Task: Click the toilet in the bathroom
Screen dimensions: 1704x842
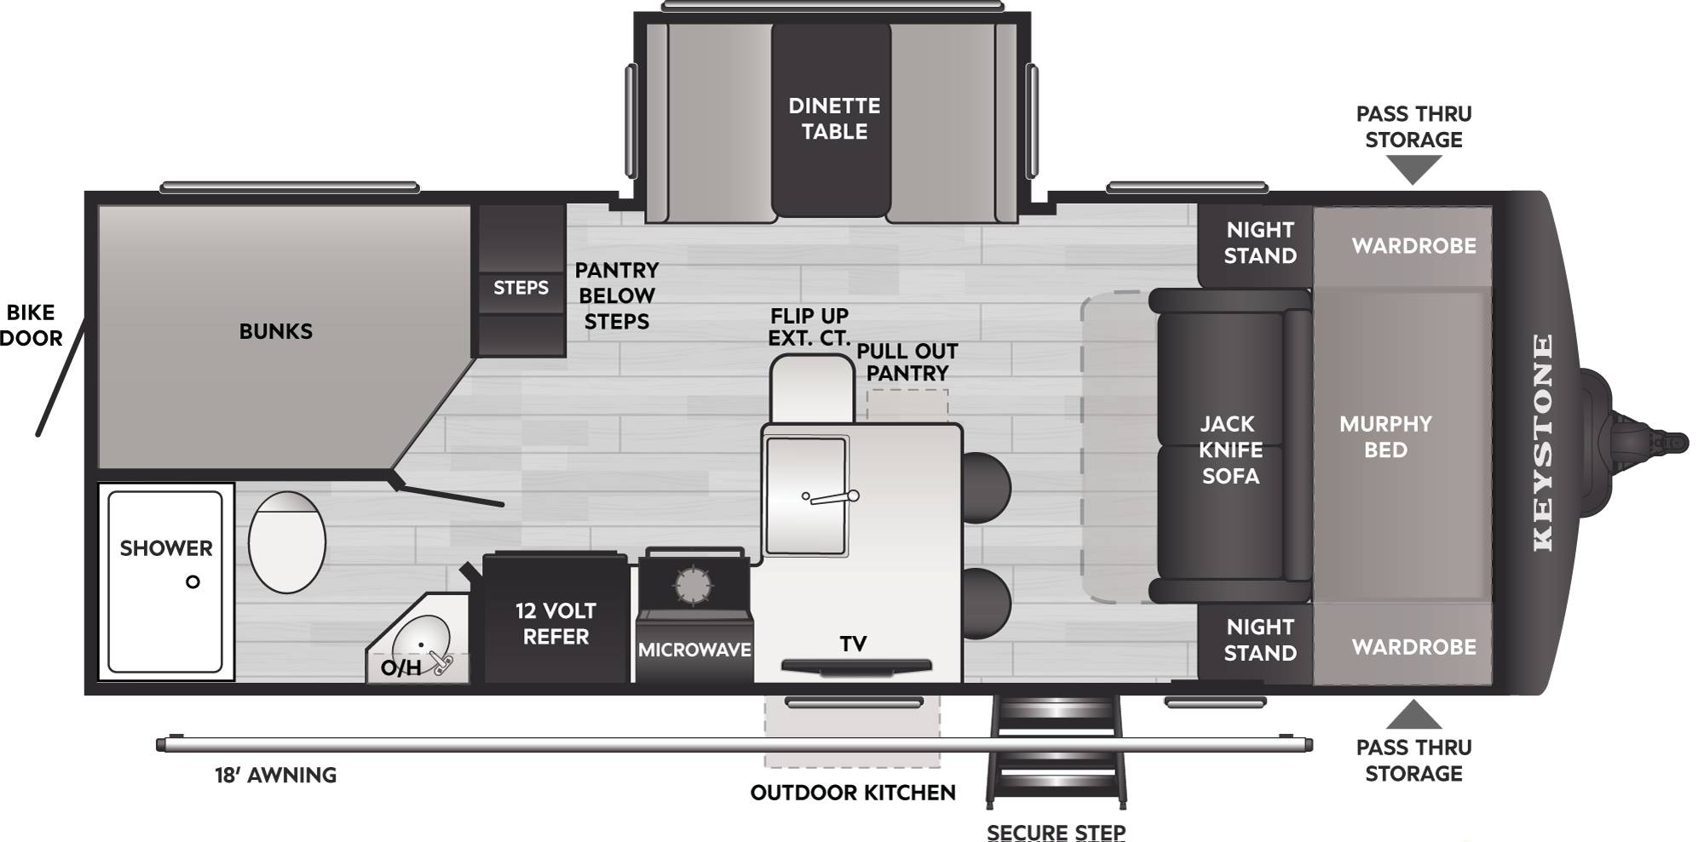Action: (287, 542)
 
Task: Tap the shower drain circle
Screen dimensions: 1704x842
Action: (193, 582)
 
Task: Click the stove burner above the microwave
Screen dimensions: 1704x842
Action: (693, 585)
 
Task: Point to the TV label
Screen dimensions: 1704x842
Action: (853, 644)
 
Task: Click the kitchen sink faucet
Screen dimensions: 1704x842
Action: (830, 497)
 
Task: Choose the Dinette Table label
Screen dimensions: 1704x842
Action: (834, 118)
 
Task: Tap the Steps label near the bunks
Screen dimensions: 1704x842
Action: (521, 288)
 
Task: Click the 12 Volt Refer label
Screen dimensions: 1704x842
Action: (556, 623)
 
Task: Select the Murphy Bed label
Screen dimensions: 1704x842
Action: (1385, 437)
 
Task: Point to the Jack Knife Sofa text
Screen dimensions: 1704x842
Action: (1229, 450)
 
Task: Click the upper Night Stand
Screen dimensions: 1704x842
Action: (1255, 246)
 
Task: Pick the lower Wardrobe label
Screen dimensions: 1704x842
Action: (1413, 647)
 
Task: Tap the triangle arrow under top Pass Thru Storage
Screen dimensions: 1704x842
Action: (1413, 170)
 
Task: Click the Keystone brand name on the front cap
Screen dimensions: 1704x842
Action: (1543, 442)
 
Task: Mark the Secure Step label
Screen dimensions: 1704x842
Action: (1056, 832)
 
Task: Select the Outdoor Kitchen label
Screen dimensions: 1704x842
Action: (853, 793)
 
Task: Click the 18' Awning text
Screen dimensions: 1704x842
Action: (275, 775)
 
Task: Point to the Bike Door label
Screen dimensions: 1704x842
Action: (32, 325)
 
